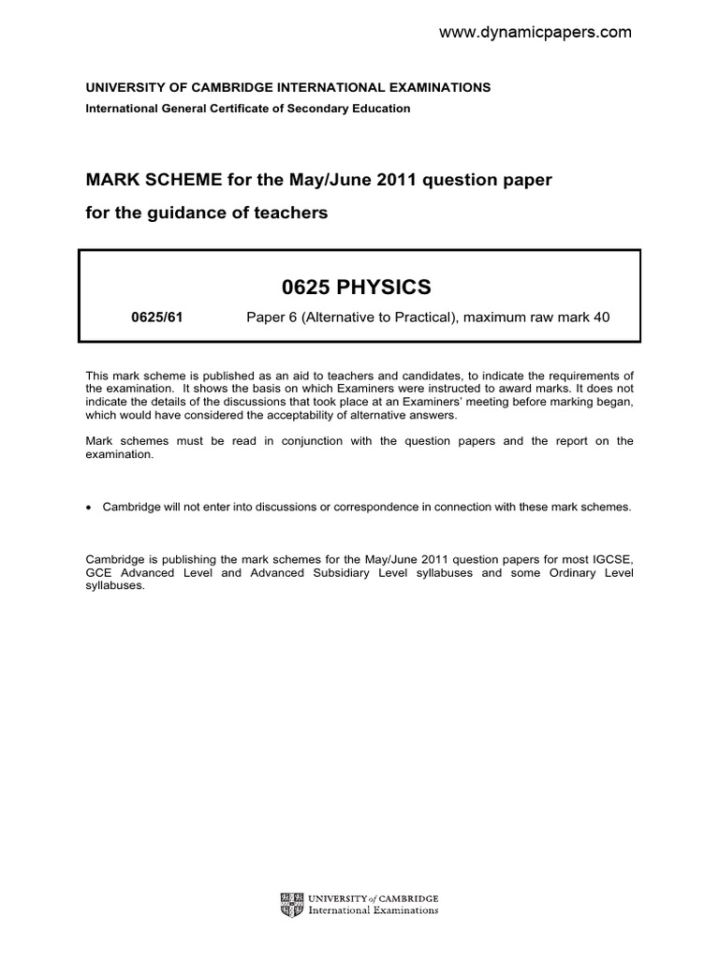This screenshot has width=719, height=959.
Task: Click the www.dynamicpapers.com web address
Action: [x=536, y=33]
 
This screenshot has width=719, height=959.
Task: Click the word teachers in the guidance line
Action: [x=294, y=213]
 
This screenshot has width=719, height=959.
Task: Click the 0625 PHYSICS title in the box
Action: [x=359, y=287]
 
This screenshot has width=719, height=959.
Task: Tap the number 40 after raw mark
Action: [x=601, y=317]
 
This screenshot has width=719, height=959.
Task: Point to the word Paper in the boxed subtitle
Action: [x=266, y=317]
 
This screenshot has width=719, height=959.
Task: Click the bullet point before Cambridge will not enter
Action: [x=89, y=508]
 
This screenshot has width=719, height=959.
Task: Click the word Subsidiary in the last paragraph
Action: [x=345, y=572]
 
